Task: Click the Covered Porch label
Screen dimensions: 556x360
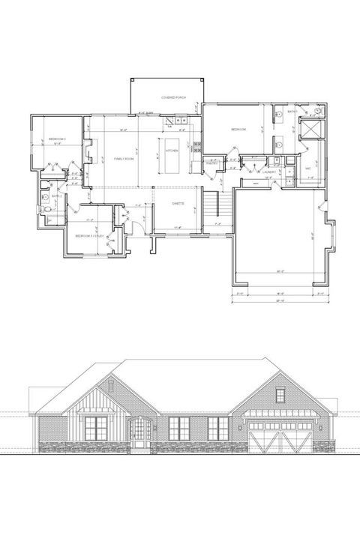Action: (x=173, y=98)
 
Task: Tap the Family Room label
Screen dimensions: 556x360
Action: (x=124, y=159)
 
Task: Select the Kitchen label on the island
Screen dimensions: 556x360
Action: (x=172, y=149)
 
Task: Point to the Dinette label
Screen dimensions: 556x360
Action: (x=178, y=202)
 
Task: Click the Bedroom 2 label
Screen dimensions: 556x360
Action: (x=58, y=140)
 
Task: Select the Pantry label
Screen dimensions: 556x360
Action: (x=212, y=163)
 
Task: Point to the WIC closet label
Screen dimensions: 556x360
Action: (x=308, y=169)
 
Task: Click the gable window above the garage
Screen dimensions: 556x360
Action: (x=280, y=395)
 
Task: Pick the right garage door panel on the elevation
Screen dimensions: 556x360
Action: (x=297, y=438)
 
